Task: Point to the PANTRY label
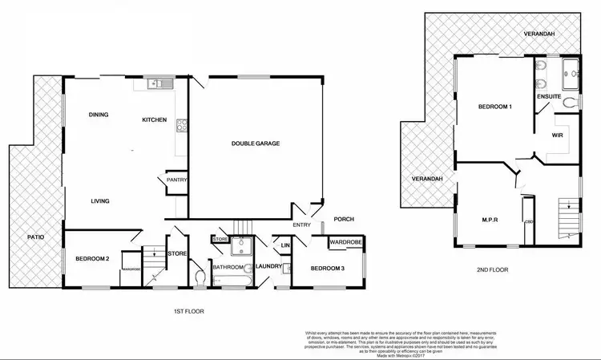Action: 176,180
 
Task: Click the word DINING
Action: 99,115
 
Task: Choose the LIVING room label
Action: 99,201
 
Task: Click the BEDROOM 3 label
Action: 327,268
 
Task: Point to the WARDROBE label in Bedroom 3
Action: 346,241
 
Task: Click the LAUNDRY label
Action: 262,267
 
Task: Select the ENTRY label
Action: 302,226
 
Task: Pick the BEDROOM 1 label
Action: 494,107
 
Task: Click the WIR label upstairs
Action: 559,136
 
